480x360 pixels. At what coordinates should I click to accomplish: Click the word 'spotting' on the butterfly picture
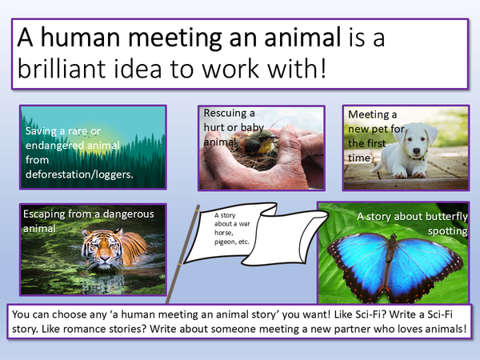point(446,230)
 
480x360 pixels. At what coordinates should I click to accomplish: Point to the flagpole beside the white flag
point(176,256)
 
